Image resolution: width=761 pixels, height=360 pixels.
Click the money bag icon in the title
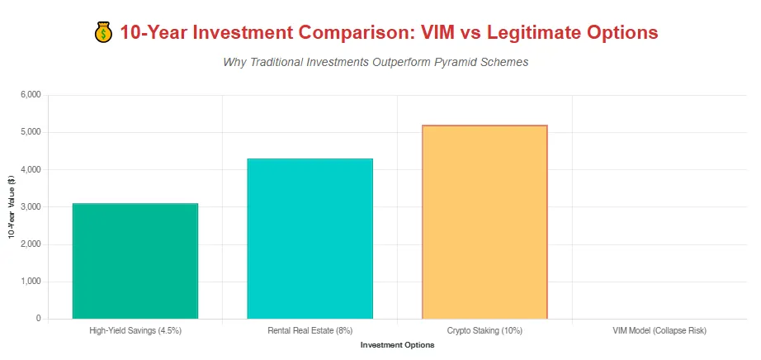[103, 33]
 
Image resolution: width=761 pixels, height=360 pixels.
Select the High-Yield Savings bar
[135, 261]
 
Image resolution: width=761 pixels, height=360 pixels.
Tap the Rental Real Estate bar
[310, 239]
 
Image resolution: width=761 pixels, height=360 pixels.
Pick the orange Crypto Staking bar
[484, 222]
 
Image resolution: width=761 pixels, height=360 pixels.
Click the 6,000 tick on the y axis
[31, 95]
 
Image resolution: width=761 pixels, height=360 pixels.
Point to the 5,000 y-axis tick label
[31, 133]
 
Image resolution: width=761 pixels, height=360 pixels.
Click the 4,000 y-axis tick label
[31, 169]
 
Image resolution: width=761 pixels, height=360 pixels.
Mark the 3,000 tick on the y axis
[31, 207]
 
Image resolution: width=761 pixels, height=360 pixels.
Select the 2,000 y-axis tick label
[31, 244]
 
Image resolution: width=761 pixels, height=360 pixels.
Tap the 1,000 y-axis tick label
[31, 282]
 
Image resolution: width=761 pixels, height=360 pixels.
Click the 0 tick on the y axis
[38, 319]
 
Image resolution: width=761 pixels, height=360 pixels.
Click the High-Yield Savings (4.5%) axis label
[135, 331]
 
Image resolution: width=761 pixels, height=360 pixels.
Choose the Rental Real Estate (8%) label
[310, 331]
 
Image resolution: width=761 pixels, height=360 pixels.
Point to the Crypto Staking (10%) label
[484, 331]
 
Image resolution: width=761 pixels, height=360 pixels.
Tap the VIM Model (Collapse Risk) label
[659, 331]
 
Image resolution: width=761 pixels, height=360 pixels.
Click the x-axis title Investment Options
[398, 345]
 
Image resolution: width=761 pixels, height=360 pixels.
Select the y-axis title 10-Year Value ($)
[12, 207]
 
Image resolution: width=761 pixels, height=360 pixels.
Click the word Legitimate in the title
[532, 33]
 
